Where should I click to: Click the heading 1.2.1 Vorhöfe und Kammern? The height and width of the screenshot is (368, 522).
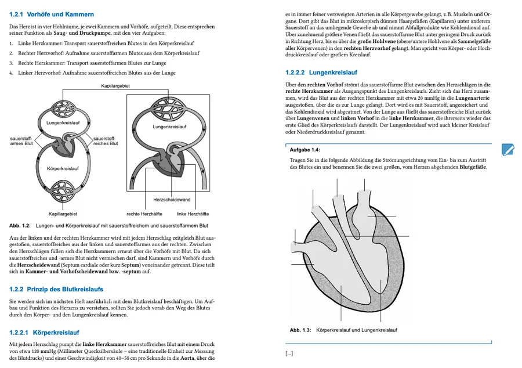click(52, 15)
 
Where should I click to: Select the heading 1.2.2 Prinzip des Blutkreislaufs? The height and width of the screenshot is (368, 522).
click(56, 289)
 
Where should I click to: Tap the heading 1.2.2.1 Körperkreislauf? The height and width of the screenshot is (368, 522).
click(44, 333)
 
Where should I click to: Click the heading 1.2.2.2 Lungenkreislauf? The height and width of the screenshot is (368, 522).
click(321, 73)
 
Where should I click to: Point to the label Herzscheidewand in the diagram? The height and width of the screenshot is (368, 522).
click(172, 200)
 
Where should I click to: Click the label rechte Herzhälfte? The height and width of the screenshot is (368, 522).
click(144, 214)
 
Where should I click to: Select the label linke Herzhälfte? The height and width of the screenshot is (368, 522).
click(193, 214)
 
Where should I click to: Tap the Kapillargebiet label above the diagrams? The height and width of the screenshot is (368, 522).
click(115, 86)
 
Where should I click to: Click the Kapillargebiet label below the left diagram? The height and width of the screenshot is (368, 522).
click(63, 214)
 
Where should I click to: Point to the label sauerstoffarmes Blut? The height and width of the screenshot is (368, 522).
click(21, 141)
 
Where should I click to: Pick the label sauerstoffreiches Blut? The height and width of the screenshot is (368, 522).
click(106, 141)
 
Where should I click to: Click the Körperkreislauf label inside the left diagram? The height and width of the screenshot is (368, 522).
click(63, 168)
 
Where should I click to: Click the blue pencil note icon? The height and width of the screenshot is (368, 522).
click(508, 150)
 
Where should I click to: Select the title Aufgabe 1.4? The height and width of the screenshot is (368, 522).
click(305, 150)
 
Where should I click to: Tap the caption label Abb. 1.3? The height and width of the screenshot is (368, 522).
click(300, 330)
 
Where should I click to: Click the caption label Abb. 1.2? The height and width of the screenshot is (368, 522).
click(20, 225)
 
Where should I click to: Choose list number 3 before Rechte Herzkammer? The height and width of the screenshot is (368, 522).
click(11, 63)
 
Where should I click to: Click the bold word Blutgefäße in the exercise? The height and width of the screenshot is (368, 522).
click(473, 167)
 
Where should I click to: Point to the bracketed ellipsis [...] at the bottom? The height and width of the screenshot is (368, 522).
click(289, 353)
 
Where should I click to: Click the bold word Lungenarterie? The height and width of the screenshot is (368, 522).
click(472, 98)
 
